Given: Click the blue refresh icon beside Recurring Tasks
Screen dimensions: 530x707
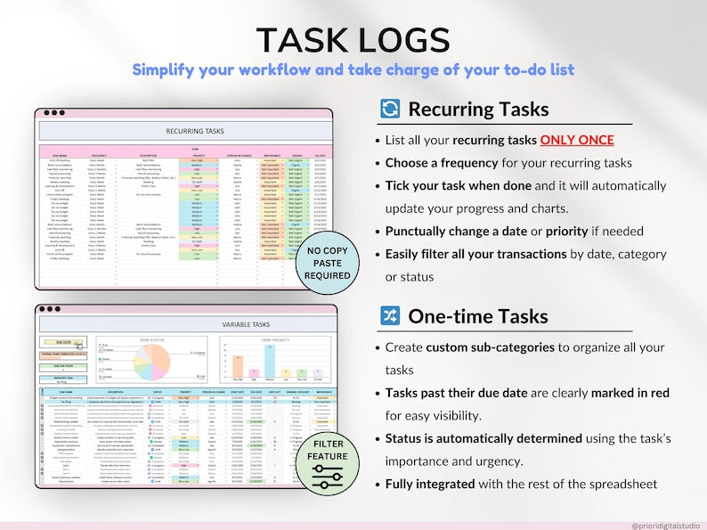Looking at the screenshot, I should (390, 110).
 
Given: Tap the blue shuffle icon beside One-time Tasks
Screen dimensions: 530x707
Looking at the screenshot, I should (390, 316).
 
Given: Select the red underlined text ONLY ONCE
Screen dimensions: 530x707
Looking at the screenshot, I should (577, 141).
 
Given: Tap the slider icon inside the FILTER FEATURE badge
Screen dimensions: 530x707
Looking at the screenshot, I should (329, 472).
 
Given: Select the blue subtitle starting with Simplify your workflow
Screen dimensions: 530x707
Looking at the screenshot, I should (353, 69).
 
